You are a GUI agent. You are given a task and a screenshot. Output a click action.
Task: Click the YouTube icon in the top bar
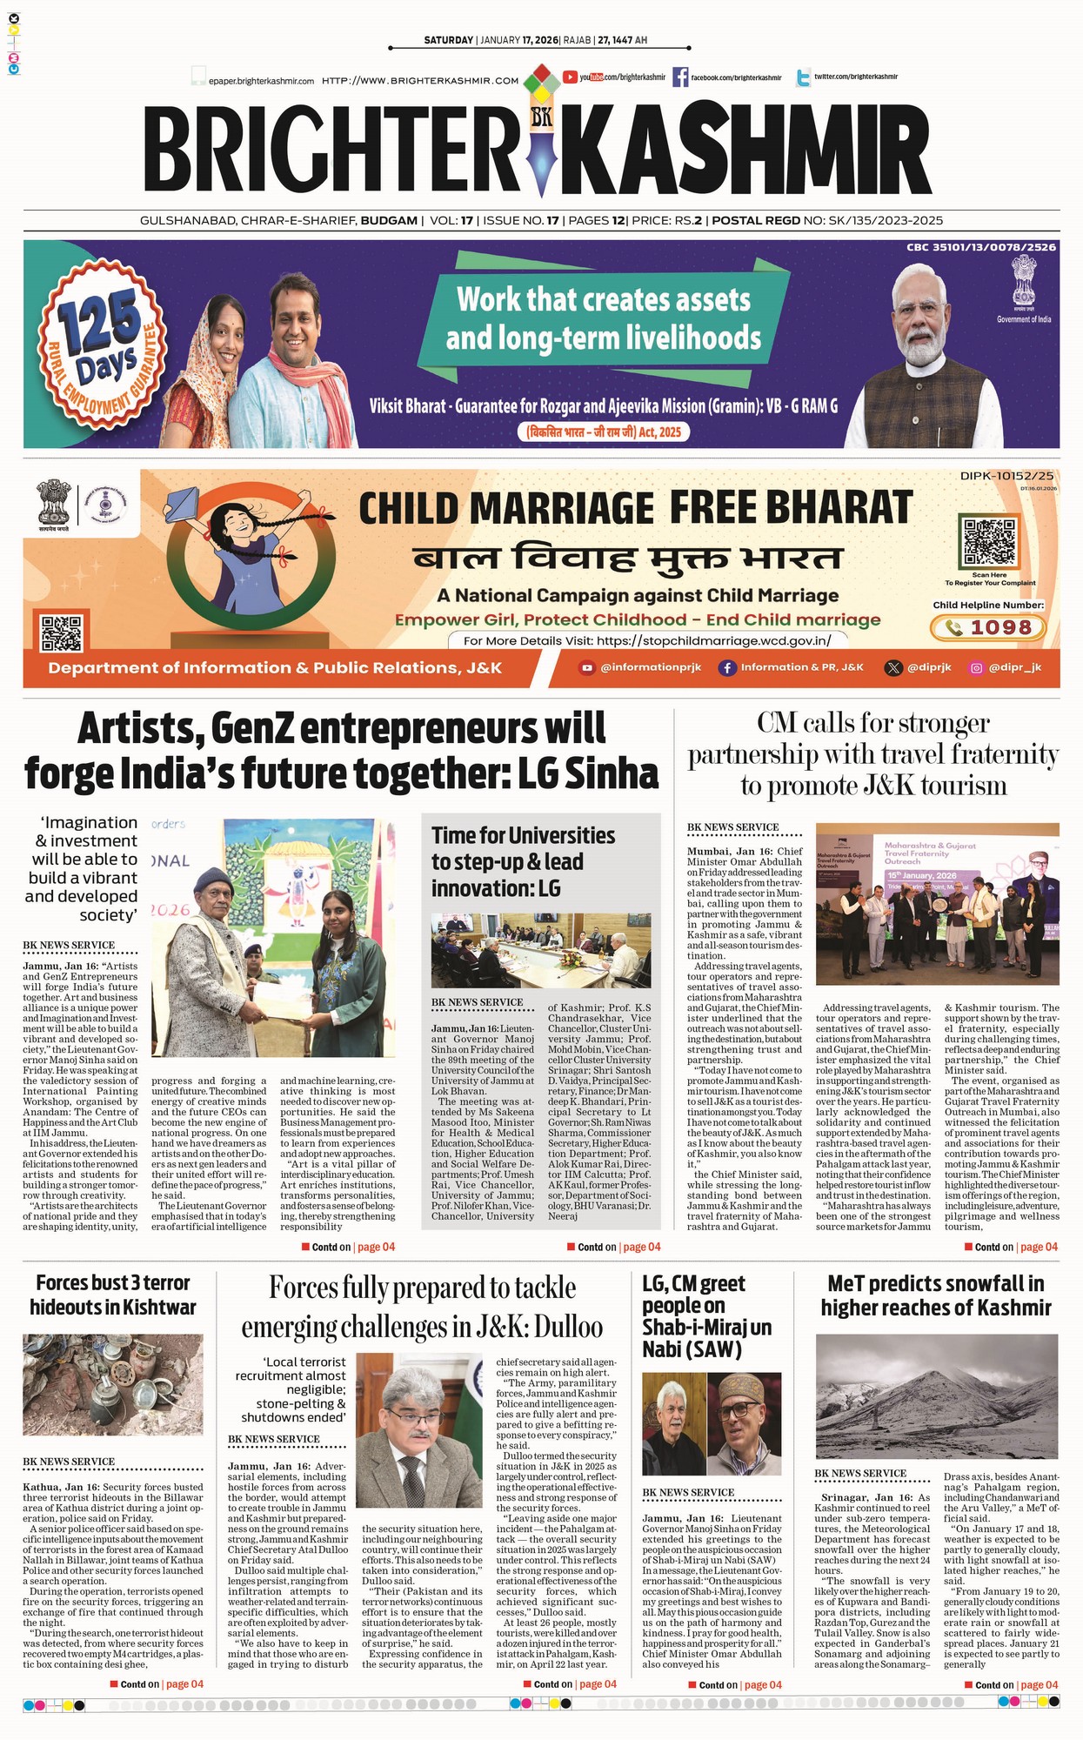571,77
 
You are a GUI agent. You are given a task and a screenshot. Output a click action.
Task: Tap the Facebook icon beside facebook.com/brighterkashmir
679,77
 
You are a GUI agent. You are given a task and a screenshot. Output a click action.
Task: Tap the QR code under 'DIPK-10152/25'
988,541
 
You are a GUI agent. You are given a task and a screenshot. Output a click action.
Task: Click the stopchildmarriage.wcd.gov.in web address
713,641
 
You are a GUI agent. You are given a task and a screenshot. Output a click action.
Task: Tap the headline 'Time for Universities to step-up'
522,861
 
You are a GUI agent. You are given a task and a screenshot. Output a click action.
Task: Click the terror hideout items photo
112,1384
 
